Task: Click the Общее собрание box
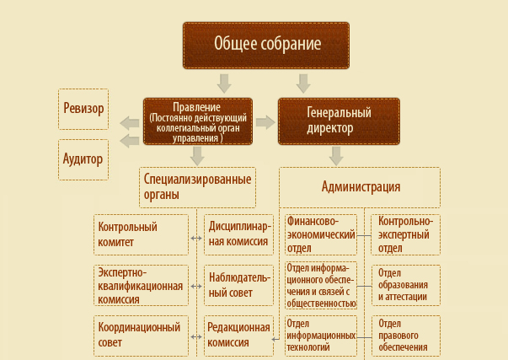pyautogui.click(x=266, y=46)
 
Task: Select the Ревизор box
pyautogui.click(x=83, y=109)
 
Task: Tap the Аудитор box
pyautogui.click(x=83, y=159)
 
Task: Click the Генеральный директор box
pyautogui.click(x=339, y=121)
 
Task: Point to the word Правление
pyautogui.click(x=196, y=107)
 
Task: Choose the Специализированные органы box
pyautogui.click(x=197, y=187)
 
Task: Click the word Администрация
pyautogui.click(x=361, y=187)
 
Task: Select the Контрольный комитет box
pyautogui.click(x=141, y=234)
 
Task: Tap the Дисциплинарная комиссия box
pyautogui.click(x=238, y=234)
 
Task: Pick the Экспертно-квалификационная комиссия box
pyautogui.click(x=141, y=286)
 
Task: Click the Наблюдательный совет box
pyautogui.click(x=238, y=286)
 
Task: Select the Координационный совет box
pyautogui.click(x=141, y=336)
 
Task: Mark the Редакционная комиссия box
pyautogui.click(x=238, y=336)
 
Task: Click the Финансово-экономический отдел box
pyautogui.click(x=321, y=234)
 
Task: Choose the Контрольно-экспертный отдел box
pyautogui.click(x=405, y=234)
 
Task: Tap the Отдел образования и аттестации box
pyautogui.click(x=405, y=286)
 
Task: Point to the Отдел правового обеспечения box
pyautogui.click(x=405, y=336)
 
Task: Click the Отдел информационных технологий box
pyautogui.click(x=321, y=336)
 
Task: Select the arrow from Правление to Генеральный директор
pyautogui.click(x=265, y=122)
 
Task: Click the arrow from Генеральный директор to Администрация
pyautogui.click(x=336, y=156)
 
